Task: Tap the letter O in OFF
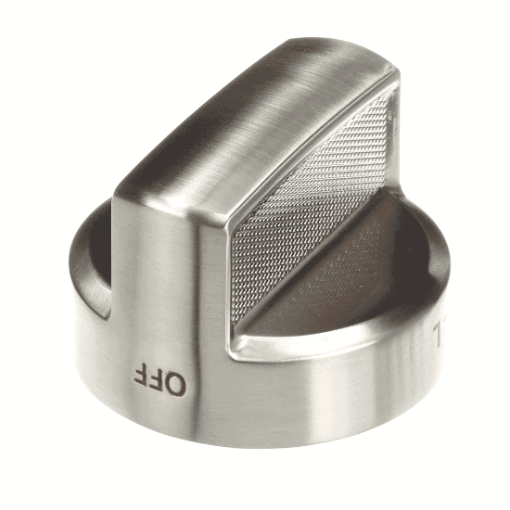coord(176,380)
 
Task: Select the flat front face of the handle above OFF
coord(158,260)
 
